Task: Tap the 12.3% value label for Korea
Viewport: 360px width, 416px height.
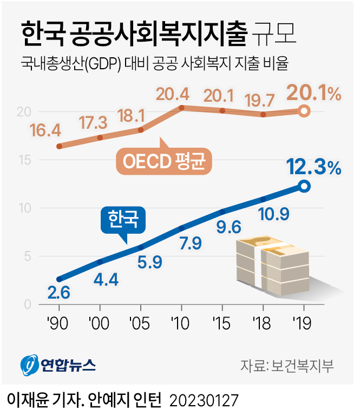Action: pos(314,168)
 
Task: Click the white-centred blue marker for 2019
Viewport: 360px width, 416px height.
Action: pos(304,186)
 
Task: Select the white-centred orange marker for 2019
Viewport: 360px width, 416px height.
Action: pos(304,111)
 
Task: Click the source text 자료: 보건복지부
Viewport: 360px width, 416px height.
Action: pos(287,365)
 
